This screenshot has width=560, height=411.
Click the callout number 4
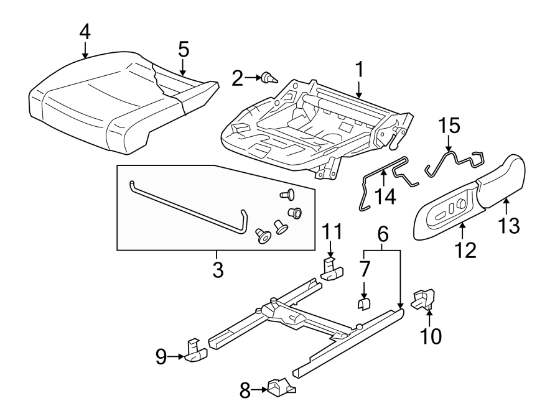(84, 32)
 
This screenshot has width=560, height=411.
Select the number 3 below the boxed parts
(217, 270)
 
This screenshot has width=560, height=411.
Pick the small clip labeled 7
(365, 302)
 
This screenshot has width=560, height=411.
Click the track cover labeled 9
(195, 352)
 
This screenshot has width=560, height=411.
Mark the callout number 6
(383, 234)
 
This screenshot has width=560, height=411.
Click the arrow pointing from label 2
(253, 78)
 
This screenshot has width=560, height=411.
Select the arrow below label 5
(183, 68)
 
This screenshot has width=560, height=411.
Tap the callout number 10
(431, 336)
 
